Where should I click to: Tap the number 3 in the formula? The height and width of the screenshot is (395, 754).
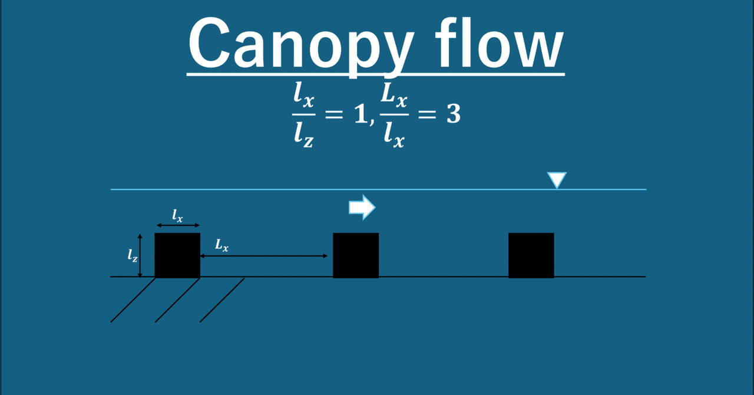[452, 114]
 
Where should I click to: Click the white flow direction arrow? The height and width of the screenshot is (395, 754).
[362, 207]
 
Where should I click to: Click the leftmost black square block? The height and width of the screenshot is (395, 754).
[177, 255]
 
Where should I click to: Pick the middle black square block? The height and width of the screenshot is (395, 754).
[356, 255]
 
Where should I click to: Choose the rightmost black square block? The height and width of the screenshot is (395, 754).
[531, 255]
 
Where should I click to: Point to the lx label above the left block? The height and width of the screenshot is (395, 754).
[177, 216]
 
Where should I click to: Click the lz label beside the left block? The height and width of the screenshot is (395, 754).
[133, 255]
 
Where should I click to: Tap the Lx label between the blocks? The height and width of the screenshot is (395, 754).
[221, 246]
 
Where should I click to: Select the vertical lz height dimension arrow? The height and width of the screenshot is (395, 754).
[140, 255]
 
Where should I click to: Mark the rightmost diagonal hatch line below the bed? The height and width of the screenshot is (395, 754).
[222, 300]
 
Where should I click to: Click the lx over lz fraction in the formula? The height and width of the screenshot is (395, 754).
[304, 114]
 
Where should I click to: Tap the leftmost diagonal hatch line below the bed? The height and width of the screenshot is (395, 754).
[133, 300]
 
